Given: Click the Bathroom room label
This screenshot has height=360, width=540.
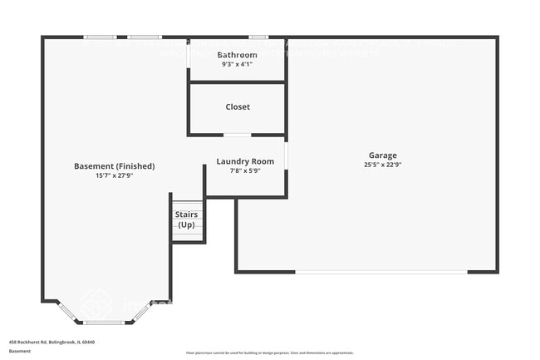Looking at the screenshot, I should [x=238, y=55].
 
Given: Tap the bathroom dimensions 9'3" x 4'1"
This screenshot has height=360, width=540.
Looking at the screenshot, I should [x=238, y=64].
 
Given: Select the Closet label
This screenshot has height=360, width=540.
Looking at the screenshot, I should [x=238, y=106].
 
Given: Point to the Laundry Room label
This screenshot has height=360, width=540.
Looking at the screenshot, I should [x=245, y=161].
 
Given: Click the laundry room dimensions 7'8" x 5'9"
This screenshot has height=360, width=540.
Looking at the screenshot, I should [x=245, y=170].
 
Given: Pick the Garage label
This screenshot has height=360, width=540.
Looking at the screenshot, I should [x=383, y=155].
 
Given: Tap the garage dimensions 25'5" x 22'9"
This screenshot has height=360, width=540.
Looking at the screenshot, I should [x=383, y=165].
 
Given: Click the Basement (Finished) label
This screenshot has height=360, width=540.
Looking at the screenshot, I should [x=114, y=166].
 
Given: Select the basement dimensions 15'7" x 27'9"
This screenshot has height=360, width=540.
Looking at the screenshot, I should [x=114, y=175].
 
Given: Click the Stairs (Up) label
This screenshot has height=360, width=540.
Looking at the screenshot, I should [x=186, y=219].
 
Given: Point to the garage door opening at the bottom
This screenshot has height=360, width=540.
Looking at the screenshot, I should [x=380, y=271].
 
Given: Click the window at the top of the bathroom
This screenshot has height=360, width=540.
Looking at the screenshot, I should [x=258, y=37].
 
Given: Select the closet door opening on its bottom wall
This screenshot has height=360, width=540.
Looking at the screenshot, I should [x=237, y=135].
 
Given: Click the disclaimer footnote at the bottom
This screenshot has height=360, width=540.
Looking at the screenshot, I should [x=269, y=353].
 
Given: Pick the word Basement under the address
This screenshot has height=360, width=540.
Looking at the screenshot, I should [x=20, y=351].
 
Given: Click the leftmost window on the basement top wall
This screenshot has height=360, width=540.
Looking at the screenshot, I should [x=100, y=37].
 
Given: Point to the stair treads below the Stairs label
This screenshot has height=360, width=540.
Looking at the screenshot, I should [x=188, y=236].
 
